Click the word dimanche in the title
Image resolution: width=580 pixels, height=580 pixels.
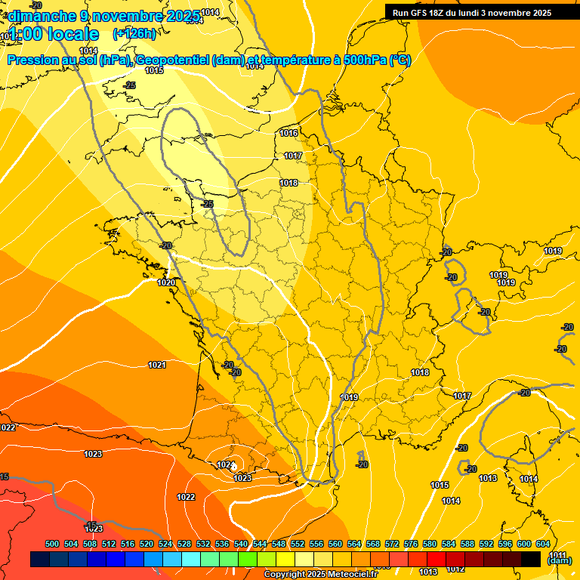coord(42,16)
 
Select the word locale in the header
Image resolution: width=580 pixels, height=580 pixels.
coord(70,34)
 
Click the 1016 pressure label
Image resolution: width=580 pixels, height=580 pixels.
coord(288,133)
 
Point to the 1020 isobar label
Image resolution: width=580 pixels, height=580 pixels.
coord(166,282)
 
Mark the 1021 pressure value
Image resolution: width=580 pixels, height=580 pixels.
coord(157,365)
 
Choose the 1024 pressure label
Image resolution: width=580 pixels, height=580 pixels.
coord(225,464)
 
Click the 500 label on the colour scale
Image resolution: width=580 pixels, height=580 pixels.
coord(52,544)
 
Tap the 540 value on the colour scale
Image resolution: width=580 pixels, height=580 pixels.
coord(241,544)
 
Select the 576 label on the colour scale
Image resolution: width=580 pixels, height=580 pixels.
coord(411,544)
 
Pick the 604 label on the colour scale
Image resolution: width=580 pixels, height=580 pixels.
coord(543,544)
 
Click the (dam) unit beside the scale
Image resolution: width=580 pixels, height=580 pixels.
coord(559,560)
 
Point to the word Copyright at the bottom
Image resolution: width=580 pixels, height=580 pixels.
coord(285,575)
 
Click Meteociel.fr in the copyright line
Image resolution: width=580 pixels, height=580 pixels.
coord(350,575)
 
